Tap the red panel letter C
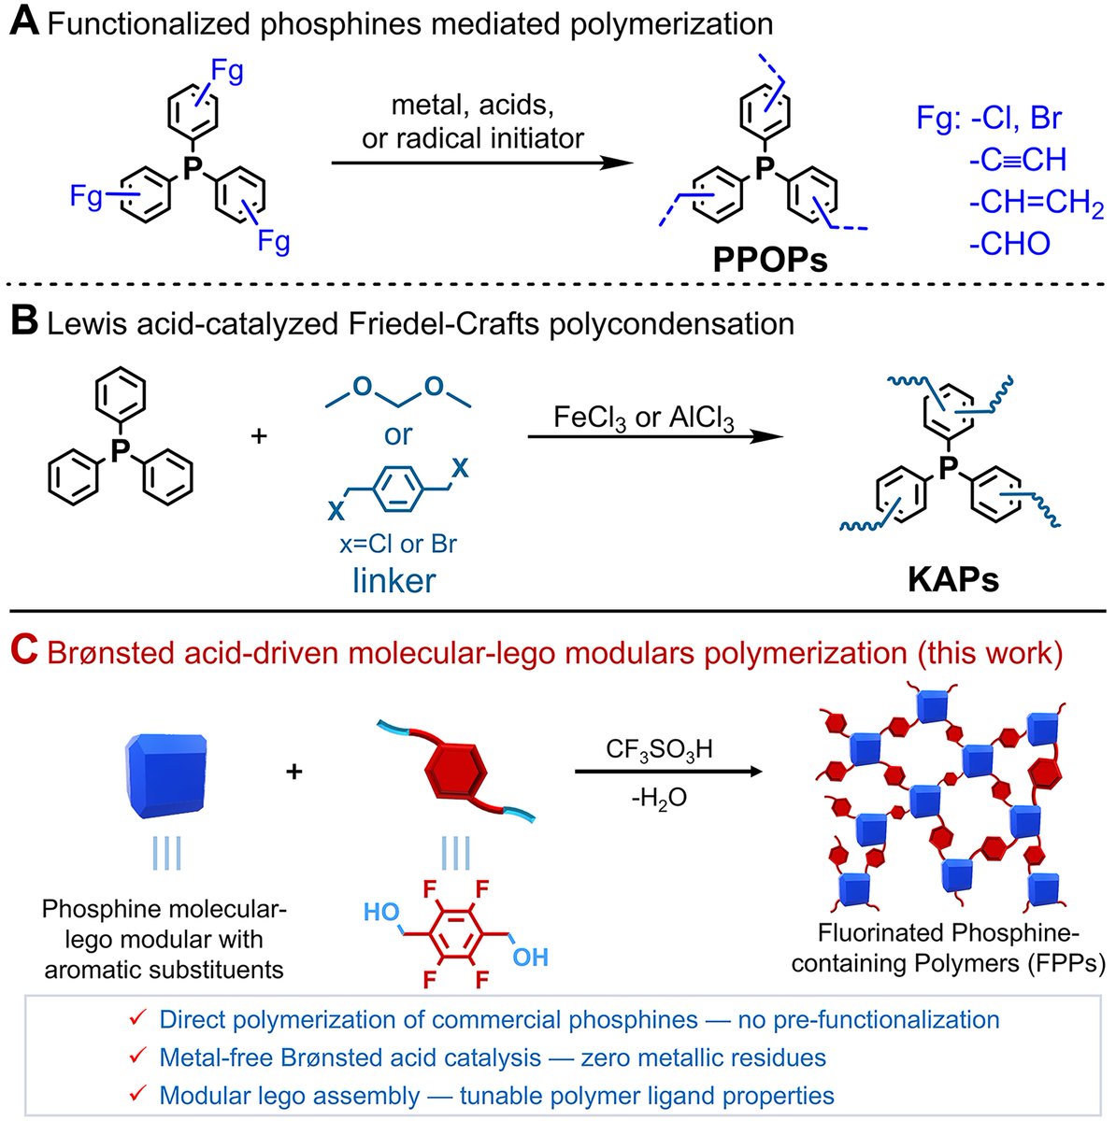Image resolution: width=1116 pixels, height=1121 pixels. coord(22,652)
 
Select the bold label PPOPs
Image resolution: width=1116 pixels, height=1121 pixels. coord(769,259)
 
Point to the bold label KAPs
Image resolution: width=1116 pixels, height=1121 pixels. coord(952,579)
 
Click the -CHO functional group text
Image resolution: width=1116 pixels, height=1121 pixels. coord(1009,243)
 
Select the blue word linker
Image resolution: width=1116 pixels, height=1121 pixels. coord(393,580)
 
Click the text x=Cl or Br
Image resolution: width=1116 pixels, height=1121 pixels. coord(393,543)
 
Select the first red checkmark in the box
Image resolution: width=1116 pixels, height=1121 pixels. coord(136,1019)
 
